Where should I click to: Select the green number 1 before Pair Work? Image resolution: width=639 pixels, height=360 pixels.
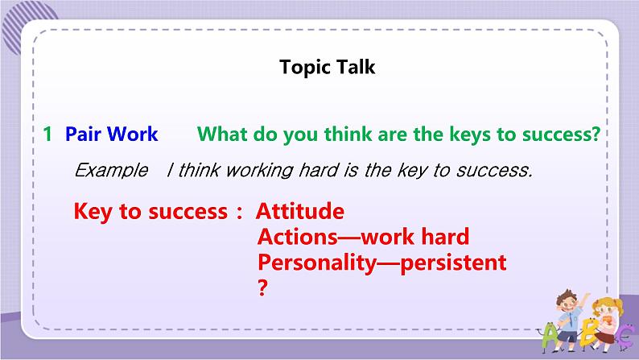47,134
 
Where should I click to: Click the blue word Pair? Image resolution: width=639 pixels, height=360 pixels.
83,134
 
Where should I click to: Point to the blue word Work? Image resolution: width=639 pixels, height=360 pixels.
133,134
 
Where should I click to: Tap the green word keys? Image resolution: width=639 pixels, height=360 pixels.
469,134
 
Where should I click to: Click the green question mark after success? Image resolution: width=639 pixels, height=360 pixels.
595,134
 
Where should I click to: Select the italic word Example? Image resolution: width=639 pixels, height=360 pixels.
111,171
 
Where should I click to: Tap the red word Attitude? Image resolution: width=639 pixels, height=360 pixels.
300,211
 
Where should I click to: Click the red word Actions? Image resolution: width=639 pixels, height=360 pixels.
298,237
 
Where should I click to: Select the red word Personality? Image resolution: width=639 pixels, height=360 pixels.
317,263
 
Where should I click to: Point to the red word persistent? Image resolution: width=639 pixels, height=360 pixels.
453,263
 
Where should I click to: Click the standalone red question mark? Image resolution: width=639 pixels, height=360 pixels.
263,288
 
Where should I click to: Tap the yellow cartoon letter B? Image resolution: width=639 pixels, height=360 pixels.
589,331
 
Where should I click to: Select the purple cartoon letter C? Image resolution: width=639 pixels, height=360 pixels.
624,337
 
